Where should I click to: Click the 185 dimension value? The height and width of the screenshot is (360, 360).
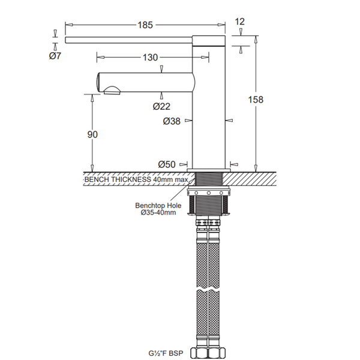[x=145, y=25]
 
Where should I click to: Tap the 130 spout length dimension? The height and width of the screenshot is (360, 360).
[x=151, y=58]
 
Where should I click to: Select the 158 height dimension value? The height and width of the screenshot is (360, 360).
[x=256, y=100]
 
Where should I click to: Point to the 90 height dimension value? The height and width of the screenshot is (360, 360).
[x=92, y=134]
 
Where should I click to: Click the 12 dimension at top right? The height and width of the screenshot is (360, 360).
[x=240, y=22]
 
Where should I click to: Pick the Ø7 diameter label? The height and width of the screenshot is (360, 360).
[x=55, y=56]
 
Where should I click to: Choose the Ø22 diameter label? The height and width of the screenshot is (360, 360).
[x=161, y=106]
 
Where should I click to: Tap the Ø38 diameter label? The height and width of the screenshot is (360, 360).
[x=172, y=121]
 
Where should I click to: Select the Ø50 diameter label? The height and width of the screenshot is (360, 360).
[x=167, y=164]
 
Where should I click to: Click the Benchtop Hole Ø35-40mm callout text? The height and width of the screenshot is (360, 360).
[x=158, y=209]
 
